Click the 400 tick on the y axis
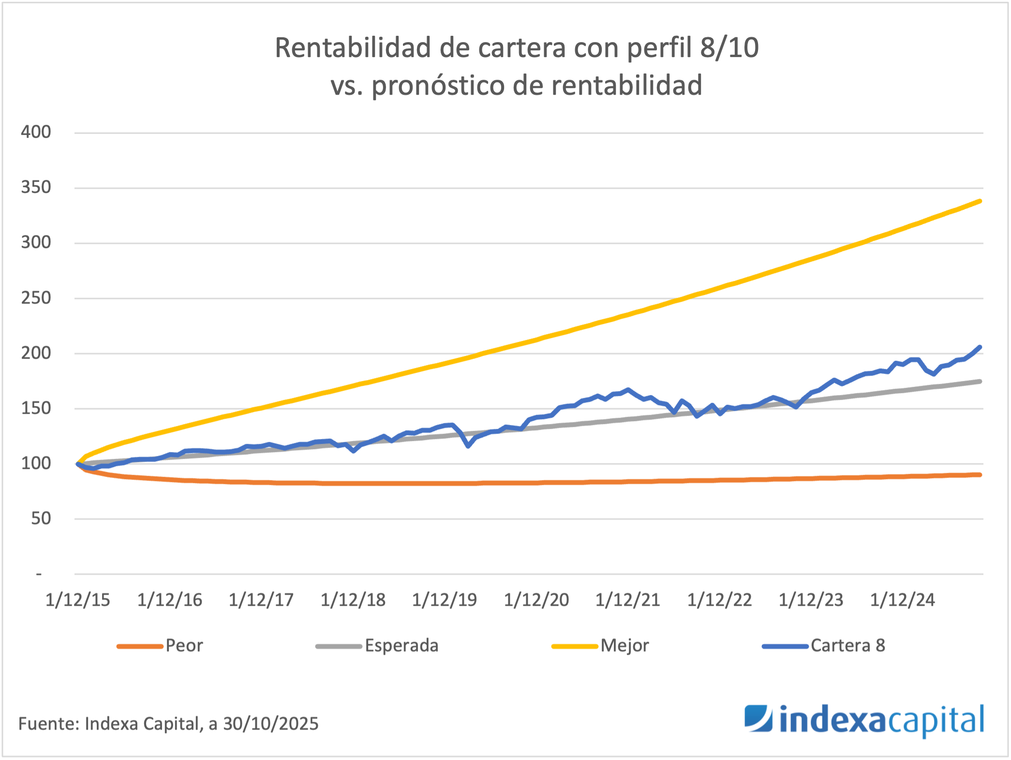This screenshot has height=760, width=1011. (36, 132)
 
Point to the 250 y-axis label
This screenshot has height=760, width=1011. (36, 298)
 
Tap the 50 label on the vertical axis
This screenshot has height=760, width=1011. (41, 519)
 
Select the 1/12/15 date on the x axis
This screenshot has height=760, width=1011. (78, 600)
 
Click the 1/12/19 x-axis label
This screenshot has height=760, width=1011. (444, 600)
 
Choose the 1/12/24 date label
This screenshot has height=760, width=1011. (902, 600)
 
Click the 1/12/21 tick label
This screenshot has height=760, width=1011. (627, 600)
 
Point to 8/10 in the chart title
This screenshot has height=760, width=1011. (729, 48)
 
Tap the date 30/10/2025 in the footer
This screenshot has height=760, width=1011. (270, 724)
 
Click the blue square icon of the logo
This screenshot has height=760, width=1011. (758, 718)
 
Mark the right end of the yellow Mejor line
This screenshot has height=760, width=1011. (980, 201)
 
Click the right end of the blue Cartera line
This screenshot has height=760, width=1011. (980, 347)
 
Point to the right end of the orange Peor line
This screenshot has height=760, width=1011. (980, 475)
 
